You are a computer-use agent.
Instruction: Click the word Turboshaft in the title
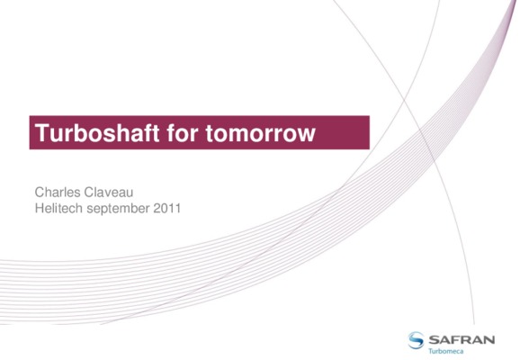pyautogui.click(x=97, y=133)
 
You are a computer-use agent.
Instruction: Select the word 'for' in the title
pyautogui.click(x=183, y=133)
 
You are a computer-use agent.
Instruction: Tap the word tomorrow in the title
pyautogui.click(x=260, y=134)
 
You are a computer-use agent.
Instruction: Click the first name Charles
pyautogui.click(x=58, y=192)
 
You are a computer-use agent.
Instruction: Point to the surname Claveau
pyautogui.click(x=109, y=192)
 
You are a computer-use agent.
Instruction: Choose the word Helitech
pyautogui.click(x=58, y=209)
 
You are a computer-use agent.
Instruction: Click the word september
pyautogui.click(x=118, y=209)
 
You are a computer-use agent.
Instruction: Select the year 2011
pyautogui.click(x=167, y=209)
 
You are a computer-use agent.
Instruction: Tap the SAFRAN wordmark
pyautogui.click(x=462, y=340)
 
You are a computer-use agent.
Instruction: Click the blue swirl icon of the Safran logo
pyautogui.click(x=416, y=340)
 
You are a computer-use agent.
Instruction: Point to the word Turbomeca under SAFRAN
pyautogui.click(x=445, y=351)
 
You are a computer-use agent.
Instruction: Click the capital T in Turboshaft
pyautogui.click(x=42, y=132)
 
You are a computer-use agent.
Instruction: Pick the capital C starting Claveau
pyautogui.click(x=90, y=192)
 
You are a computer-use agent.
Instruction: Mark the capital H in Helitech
pyautogui.click(x=40, y=209)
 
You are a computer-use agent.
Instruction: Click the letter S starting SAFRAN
pyautogui.click(x=435, y=340)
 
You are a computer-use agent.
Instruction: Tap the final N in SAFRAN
pyautogui.click(x=489, y=340)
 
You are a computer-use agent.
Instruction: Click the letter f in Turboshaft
pyautogui.click(x=148, y=132)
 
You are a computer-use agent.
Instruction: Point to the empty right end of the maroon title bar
pyautogui.click(x=344, y=132)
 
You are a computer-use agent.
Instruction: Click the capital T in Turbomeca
pyautogui.click(x=430, y=351)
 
